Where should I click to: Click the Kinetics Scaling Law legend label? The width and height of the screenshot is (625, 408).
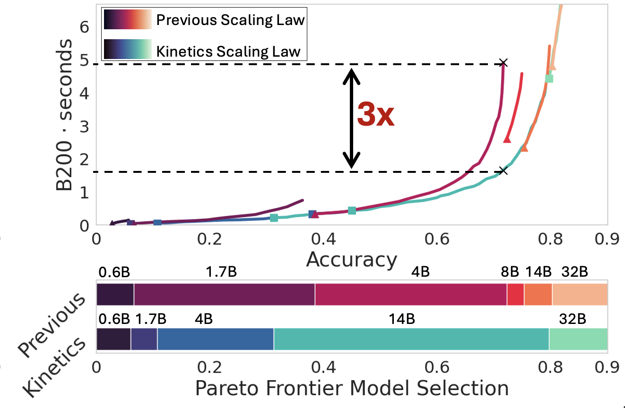[228, 51]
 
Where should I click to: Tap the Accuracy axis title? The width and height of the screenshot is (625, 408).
[351, 260]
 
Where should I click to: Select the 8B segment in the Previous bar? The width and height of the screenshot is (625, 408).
[515, 295]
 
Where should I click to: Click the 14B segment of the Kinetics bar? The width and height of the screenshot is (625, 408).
[411, 339]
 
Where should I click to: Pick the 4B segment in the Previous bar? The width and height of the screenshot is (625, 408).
[410, 295]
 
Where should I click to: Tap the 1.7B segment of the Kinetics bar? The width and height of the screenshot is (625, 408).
[144, 339]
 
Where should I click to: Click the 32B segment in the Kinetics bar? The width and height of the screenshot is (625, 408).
[578, 339]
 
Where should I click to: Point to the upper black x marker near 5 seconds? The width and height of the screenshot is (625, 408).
[503, 63]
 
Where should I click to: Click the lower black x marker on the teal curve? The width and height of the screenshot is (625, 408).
[503, 171]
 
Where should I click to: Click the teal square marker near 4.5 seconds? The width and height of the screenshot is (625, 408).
[549, 78]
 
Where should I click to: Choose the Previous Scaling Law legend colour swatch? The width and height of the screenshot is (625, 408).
[128, 20]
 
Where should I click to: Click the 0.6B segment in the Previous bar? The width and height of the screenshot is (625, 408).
[115, 295]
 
